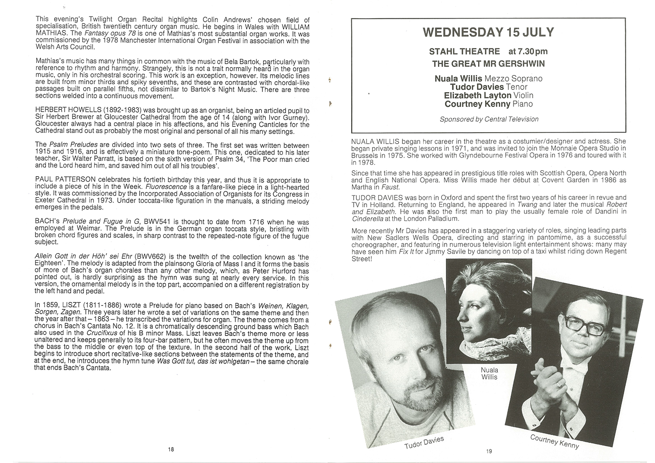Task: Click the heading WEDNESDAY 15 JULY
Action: (x=488, y=33)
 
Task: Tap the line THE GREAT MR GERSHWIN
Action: (x=488, y=64)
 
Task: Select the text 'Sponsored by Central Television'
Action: (x=489, y=119)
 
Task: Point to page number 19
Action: (x=489, y=451)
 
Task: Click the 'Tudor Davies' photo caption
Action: (x=424, y=442)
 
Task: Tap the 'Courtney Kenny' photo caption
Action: (x=555, y=442)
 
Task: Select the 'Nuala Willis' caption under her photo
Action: (x=489, y=374)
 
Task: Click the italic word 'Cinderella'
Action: (x=369, y=218)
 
